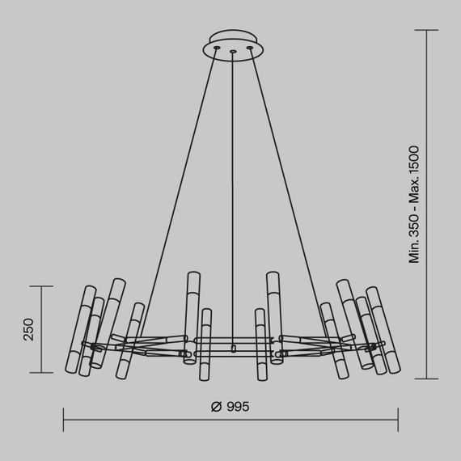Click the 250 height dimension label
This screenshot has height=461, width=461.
(27, 330)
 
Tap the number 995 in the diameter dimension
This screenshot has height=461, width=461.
(238, 407)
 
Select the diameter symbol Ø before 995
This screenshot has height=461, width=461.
(215, 407)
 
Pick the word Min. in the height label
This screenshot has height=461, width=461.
(414, 253)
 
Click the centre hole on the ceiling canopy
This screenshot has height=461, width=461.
(233, 53)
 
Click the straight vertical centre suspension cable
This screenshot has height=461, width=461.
(233, 202)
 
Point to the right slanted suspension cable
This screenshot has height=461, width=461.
(287, 194)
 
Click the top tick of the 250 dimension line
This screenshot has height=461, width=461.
(41, 285)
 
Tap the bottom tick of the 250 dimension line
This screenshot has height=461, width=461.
(41, 373)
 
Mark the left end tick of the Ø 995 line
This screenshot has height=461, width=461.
(63, 419)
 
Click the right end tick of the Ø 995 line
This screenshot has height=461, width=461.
(398, 419)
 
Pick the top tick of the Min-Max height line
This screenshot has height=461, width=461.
(427, 31)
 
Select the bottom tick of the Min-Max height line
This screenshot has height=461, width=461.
(427, 378)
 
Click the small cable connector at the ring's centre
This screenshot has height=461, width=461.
(233, 349)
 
